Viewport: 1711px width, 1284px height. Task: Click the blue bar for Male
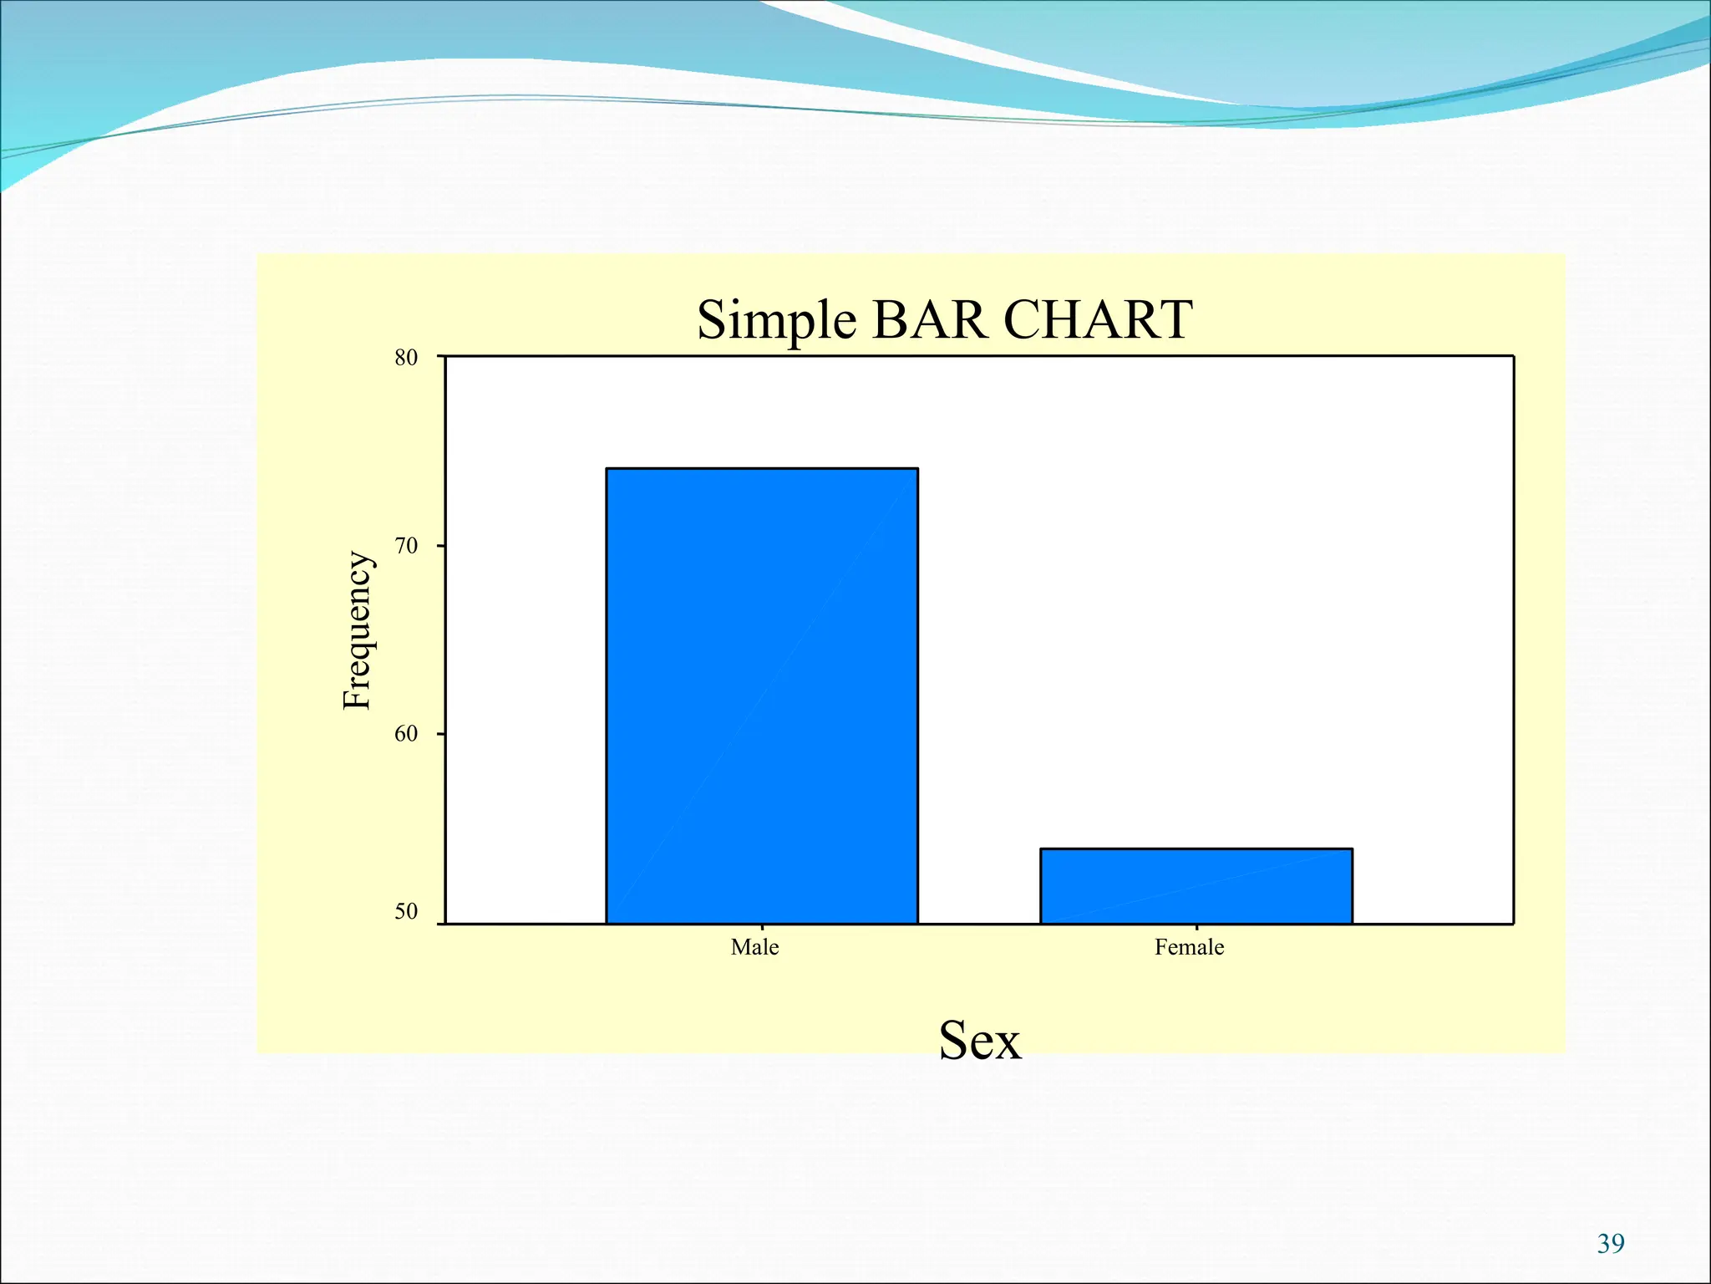(x=762, y=695)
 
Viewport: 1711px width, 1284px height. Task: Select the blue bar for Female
(x=1196, y=886)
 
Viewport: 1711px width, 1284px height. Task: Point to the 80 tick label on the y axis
(x=406, y=358)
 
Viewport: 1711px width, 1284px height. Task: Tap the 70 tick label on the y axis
(x=406, y=547)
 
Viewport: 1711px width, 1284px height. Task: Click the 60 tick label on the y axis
(x=406, y=734)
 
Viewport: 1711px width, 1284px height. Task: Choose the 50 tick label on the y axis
(x=406, y=911)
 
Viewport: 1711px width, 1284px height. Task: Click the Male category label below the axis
(x=754, y=947)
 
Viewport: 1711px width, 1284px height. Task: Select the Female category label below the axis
(x=1189, y=947)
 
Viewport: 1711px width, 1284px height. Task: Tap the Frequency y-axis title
(x=357, y=630)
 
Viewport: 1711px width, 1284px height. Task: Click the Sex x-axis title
(x=980, y=1041)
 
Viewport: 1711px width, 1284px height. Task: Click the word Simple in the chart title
(x=776, y=320)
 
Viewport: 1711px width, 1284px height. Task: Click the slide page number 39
(x=1611, y=1244)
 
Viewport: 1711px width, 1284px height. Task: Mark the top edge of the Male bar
(x=762, y=469)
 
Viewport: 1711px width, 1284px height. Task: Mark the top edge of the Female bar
(x=1196, y=849)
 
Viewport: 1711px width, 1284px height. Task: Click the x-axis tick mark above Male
(x=762, y=927)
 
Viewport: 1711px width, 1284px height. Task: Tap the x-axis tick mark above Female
(x=1196, y=927)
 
